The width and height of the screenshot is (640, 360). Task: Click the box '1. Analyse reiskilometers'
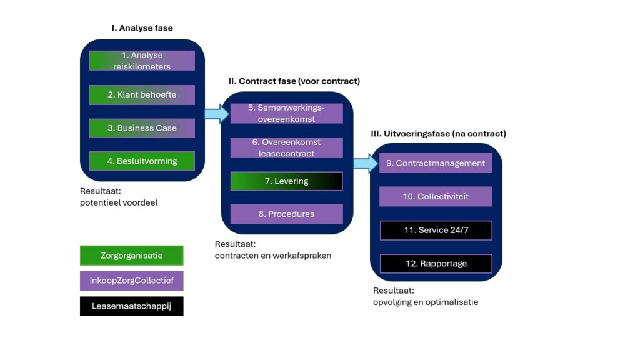(x=142, y=61)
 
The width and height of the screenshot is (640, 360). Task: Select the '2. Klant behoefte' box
(x=142, y=95)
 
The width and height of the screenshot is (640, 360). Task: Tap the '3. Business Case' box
(x=142, y=128)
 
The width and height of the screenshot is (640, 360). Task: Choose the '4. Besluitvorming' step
(x=142, y=161)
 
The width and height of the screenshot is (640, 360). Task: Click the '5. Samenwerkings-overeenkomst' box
(x=286, y=113)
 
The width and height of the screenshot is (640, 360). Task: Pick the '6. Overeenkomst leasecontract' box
(x=286, y=147)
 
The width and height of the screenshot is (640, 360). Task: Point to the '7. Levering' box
(x=286, y=181)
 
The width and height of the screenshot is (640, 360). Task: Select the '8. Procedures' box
(x=286, y=214)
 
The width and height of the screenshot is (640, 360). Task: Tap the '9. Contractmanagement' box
(x=435, y=163)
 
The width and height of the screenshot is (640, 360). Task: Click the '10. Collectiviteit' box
(x=435, y=196)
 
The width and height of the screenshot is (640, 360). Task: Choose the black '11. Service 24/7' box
(x=435, y=230)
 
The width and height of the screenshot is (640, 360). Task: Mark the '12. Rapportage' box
(x=435, y=264)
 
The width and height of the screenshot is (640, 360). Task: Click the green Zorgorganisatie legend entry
(x=131, y=256)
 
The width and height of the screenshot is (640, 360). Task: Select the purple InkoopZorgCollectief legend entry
(x=131, y=281)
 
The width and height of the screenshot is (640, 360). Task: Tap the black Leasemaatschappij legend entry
(x=131, y=306)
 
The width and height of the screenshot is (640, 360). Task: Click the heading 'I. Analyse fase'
(x=142, y=28)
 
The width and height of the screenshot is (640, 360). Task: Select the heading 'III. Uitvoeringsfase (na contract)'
(x=438, y=134)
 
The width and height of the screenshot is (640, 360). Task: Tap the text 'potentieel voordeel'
(x=119, y=202)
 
